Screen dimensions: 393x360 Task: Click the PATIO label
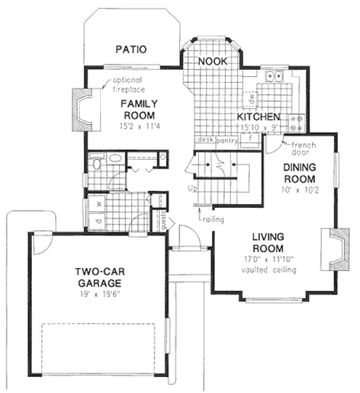click(x=131, y=49)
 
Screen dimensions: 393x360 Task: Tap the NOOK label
click(x=212, y=62)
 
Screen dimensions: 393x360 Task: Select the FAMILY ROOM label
click(x=139, y=109)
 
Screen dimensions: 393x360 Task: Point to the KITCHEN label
click(x=259, y=116)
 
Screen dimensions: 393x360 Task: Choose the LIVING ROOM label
click(x=268, y=243)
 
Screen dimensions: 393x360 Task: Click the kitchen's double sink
click(x=274, y=76)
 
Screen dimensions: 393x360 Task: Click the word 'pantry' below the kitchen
click(x=227, y=141)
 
